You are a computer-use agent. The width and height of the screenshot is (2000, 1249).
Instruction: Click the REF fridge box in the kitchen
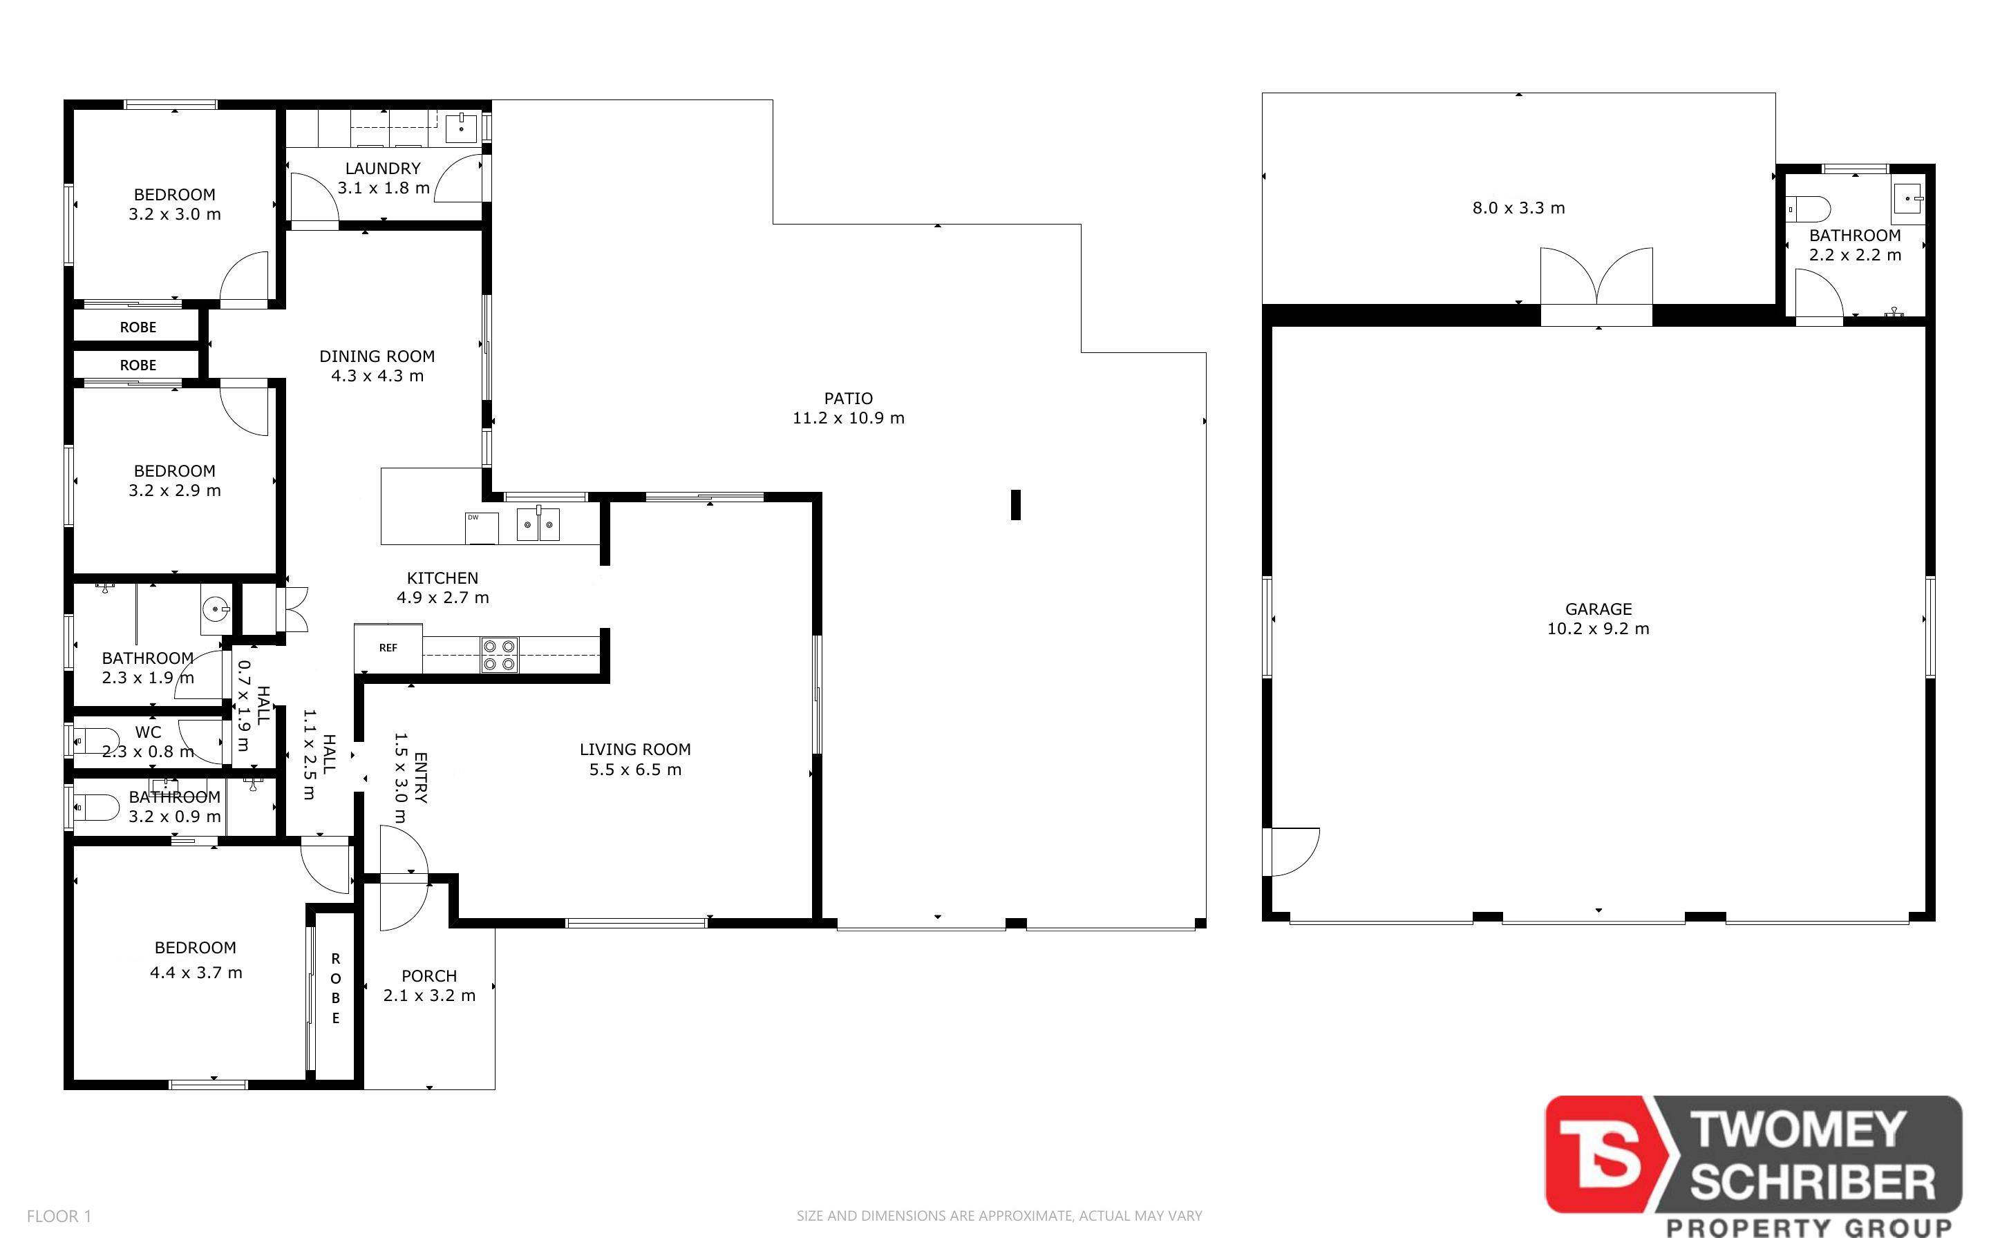388,647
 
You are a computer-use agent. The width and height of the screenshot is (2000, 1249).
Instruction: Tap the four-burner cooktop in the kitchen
499,655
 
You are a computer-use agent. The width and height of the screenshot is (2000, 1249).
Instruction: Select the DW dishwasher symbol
482,528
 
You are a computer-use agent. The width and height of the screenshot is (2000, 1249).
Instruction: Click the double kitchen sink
538,524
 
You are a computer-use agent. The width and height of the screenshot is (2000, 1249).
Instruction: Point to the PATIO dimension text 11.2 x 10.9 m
849,418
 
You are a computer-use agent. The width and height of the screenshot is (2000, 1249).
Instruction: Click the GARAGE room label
1598,609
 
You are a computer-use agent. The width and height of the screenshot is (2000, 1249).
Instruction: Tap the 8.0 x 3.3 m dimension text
1518,208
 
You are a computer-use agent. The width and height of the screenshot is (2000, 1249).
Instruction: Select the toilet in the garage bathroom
1809,209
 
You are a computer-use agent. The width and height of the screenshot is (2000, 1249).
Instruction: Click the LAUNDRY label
382,168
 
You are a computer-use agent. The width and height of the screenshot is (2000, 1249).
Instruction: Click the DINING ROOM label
377,356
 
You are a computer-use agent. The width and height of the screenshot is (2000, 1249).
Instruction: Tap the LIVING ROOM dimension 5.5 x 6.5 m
635,770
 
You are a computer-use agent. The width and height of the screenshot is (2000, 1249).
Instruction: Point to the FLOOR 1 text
59,1216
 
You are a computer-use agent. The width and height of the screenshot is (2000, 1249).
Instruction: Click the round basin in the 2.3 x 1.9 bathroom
216,609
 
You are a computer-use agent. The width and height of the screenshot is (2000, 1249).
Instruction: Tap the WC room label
148,732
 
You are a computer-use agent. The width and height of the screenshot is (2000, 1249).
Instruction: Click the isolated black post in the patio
1016,505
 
